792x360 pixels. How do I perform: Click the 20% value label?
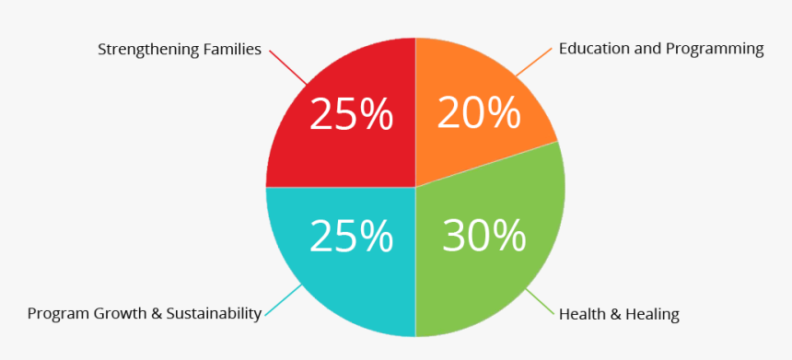pos(479,113)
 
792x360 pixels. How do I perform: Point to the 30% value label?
pos(483,236)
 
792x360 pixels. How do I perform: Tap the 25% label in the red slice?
pos(351,115)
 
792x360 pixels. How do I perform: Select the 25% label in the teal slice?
pos(351,236)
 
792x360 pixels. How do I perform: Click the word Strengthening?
pos(148,50)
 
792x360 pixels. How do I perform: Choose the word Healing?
pos(652,315)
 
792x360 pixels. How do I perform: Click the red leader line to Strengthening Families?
pos(287,68)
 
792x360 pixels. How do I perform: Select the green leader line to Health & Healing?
pos(540,303)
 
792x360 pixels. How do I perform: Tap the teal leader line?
pos(284,300)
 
